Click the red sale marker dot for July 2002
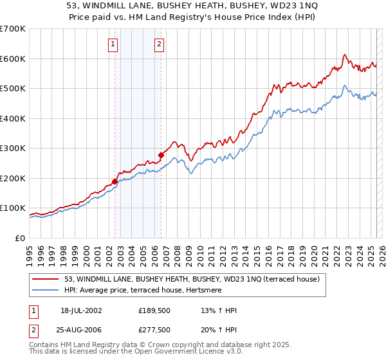[115, 181]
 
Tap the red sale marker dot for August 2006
[161, 155]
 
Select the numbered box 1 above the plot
[113, 44]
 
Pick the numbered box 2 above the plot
[159, 44]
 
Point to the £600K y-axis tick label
[13, 59]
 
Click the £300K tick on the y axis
[13, 148]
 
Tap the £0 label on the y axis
[21, 238]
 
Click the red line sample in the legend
[46, 278]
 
